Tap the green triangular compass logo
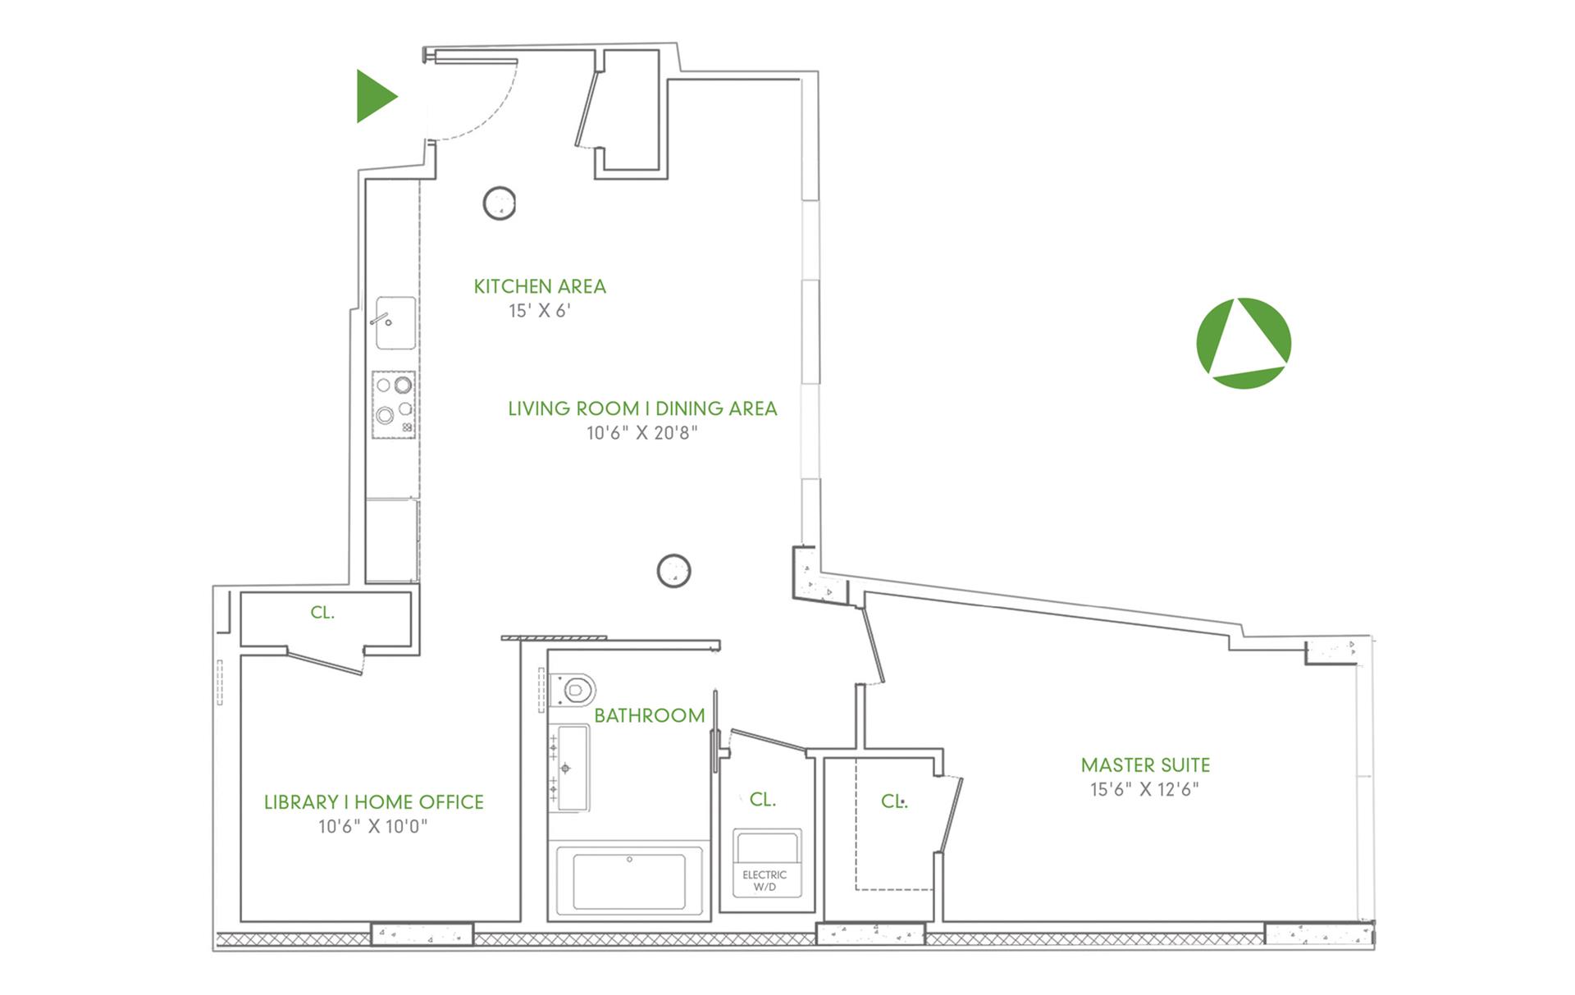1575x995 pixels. pyautogui.click(x=1244, y=343)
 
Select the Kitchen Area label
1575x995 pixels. pyautogui.click(x=540, y=286)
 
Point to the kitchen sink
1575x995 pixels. pyautogui.click(x=395, y=323)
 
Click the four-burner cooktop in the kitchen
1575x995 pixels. pyautogui.click(x=394, y=404)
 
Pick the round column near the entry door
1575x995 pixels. pyautogui.click(x=500, y=203)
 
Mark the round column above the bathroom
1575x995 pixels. pyautogui.click(x=674, y=570)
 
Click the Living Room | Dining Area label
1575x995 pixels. pyautogui.click(x=642, y=408)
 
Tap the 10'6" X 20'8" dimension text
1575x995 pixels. pyautogui.click(x=642, y=432)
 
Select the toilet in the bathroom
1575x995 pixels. pyautogui.click(x=573, y=690)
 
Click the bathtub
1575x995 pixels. pyautogui.click(x=629, y=880)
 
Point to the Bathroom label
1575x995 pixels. pyautogui.click(x=650, y=715)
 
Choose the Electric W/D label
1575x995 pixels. pyautogui.click(x=765, y=881)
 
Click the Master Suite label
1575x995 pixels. pyautogui.click(x=1145, y=765)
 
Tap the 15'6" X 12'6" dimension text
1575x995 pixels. pyautogui.click(x=1145, y=789)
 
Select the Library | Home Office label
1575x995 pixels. pyautogui.click(x=374, y=802)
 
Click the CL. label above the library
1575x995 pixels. pyautogui.click(x=322, y=613)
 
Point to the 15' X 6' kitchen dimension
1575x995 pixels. pyautogui.click(x=540, y=310)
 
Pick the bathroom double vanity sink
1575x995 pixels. pyautogui.click(x=568, y=768)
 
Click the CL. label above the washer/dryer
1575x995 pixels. pyautogui.click(x=763, y=800)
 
